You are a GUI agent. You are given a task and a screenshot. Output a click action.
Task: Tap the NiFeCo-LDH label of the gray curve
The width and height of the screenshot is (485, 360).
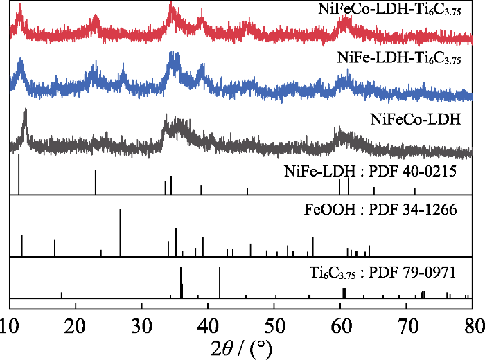tap(416, 118)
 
